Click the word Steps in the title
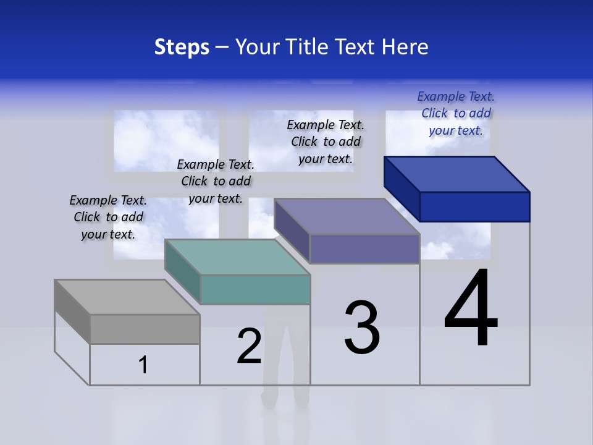182,47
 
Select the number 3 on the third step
362,328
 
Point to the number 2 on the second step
249,346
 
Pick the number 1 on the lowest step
143,365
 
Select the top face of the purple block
347,217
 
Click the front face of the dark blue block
474,206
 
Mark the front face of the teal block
255,289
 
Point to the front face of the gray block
145,329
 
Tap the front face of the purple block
364,249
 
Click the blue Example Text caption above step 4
456,113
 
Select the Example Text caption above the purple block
326,142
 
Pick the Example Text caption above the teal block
216,181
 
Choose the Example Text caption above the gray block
108,217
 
